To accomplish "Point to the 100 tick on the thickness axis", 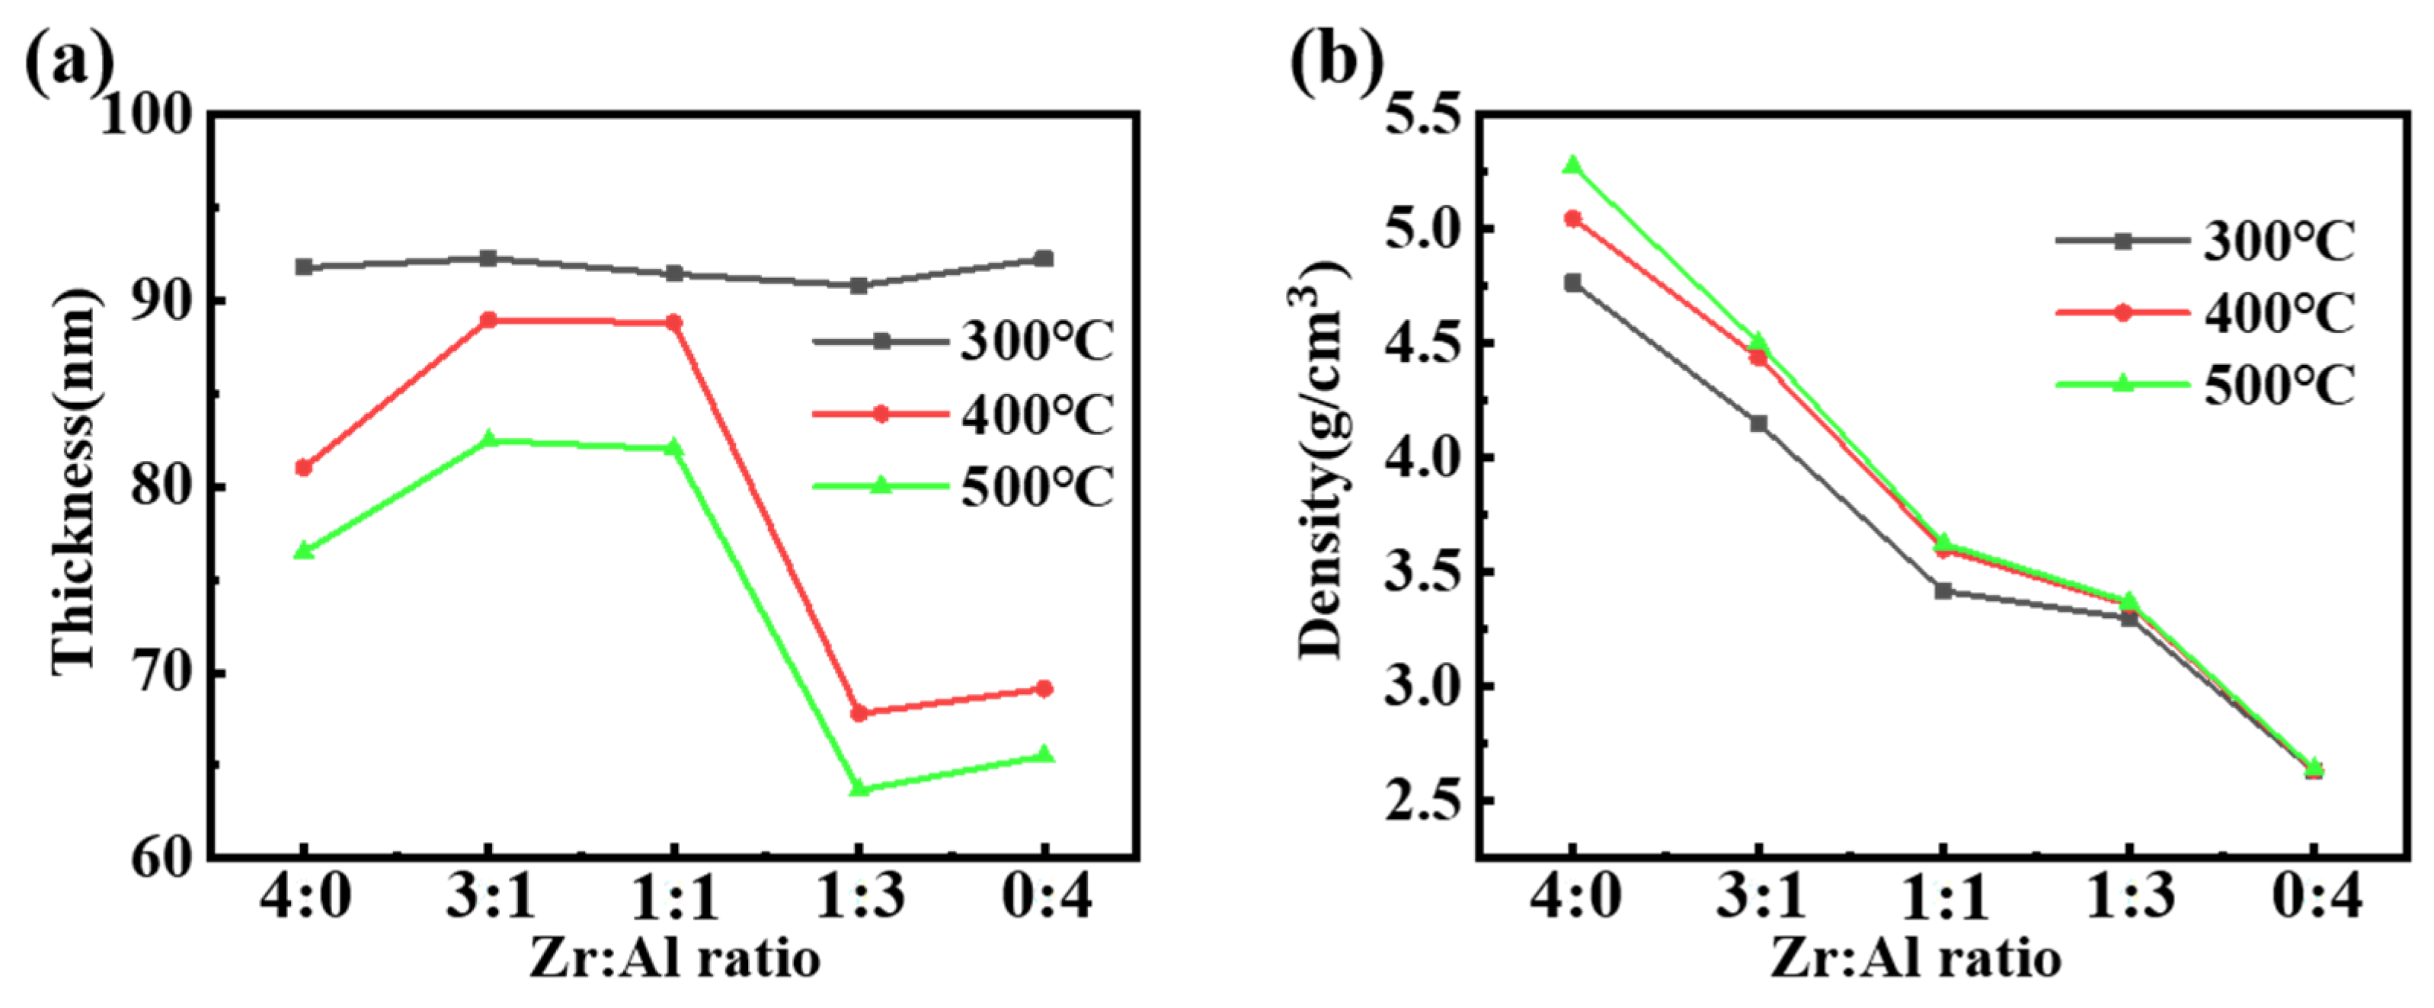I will pyautogui.click(x=146, y=117).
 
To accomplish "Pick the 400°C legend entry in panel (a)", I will pyautogui.click(x=964, y=414).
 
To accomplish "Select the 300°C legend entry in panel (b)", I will pyautogui.click(x=2206, y=241).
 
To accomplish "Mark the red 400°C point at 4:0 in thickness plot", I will pyautogui.click(x=303, y=468).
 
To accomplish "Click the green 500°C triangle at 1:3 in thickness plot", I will pyautogui.click(x=859, y=788).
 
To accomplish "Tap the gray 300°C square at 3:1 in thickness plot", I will pyautogui.click(x=488, y=258).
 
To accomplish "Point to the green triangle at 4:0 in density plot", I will pyautogui.click(x=1572, y=165).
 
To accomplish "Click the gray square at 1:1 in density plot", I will pyautogui.click(x=1943, y=591).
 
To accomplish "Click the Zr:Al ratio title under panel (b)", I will pyautogui.click(x=1915, y=960).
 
